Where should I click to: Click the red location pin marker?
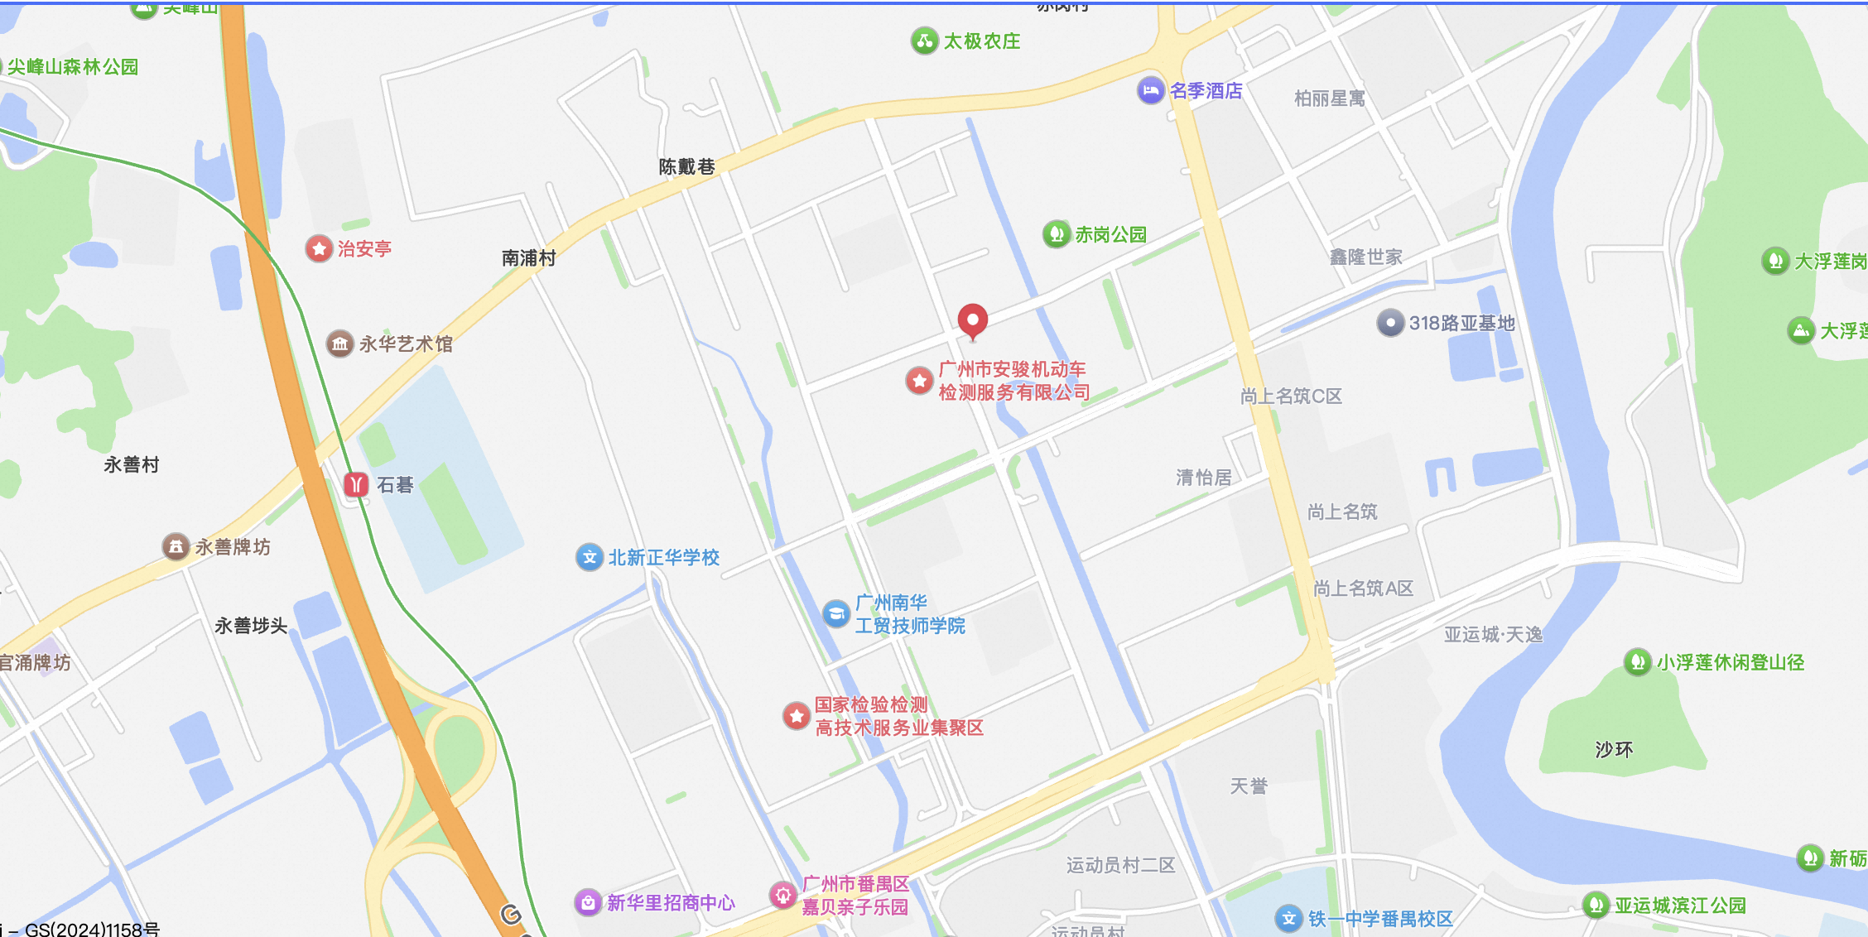click(972, 320)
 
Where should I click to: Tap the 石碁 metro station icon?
click(356, 484)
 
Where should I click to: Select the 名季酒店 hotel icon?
click(1150, 90)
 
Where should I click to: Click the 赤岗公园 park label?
click(1110, 235)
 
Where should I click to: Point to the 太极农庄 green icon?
click(924, 41)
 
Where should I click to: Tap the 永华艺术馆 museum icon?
click(339, 344)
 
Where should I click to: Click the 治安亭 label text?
click(364, 248)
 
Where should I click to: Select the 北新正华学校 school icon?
click(589, 557)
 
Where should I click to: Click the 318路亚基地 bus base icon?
click(1390, 323)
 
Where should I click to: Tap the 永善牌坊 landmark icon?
click(176, 546)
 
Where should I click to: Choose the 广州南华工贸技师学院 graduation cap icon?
click(836, 613)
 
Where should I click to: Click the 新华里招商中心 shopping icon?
click(588, 902)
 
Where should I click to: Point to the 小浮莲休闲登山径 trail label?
click(1730, 662)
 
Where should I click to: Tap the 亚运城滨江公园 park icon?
click(1596, 905)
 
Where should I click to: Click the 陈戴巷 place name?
click(686, 166)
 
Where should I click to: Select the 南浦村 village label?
click(528, 258)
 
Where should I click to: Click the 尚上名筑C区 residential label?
click(1291, 396)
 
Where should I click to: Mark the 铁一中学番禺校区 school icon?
click(1288, 918)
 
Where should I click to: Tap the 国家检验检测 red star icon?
click(797, 716)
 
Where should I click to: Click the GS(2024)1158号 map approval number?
click(92, 929)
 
